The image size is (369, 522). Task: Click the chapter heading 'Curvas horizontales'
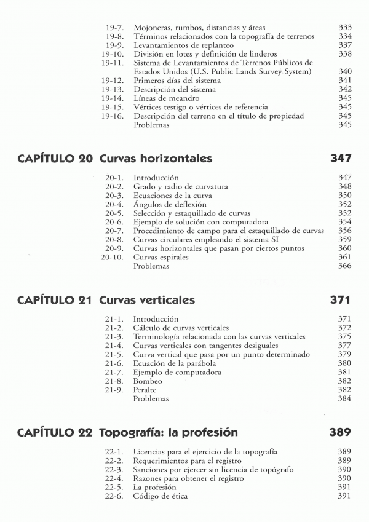[x=156, y=159]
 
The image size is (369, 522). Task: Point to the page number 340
[x=344, y=72]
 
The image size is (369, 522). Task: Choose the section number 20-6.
[x=115, y=221]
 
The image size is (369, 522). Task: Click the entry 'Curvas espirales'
[x=161, y=257]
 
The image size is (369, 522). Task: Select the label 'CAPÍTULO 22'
[x=55, y=432]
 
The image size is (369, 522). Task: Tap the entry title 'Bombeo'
[x=147, y=381]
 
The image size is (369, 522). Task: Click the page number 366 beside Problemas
[x=344, y=266]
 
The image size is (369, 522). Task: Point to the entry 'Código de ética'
[x=161, y=496]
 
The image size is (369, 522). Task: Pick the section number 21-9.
[x=115, y=390]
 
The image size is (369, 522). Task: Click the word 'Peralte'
[x=145, y=390]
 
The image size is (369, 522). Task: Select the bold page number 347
[x=340, y=159]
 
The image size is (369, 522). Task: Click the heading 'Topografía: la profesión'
[x=168, y=432]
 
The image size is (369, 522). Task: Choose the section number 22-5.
[x=115, y=487]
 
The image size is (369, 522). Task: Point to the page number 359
[x=344, y=239]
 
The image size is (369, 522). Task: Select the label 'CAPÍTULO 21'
[x=55, y=300]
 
